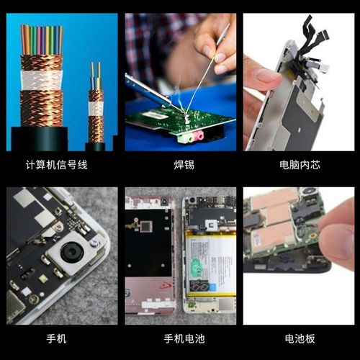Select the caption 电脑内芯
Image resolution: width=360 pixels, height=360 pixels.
300,165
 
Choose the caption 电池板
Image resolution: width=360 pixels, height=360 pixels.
300,338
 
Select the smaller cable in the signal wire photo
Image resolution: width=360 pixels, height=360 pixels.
95,108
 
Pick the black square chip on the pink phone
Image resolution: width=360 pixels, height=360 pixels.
145,226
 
